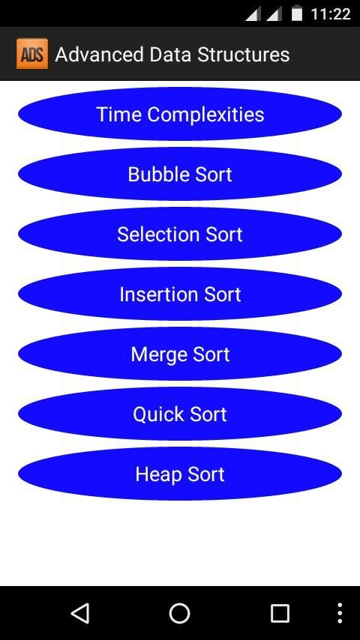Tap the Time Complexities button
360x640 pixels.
tap(180, 114)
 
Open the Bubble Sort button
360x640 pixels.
tap(180, 174)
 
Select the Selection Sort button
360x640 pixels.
tap(180, 234)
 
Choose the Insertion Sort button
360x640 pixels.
tap(180, 294)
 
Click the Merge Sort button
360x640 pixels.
tap(180, 354)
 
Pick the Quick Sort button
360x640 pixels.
tap(180, 414)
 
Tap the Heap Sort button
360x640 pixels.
tap(180, 474)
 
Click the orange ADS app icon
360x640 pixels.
tap(32, 54)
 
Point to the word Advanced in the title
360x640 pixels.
tap(99, 55)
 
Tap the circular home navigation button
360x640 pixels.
tap(179, 613)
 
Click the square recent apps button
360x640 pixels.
tap(280, 613)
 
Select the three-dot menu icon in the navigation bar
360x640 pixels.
tap(340, 613)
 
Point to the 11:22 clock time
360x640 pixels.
tap(331, 14)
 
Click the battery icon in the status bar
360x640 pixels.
tap(297, 13)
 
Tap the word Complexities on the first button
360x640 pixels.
tap(205, 115)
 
